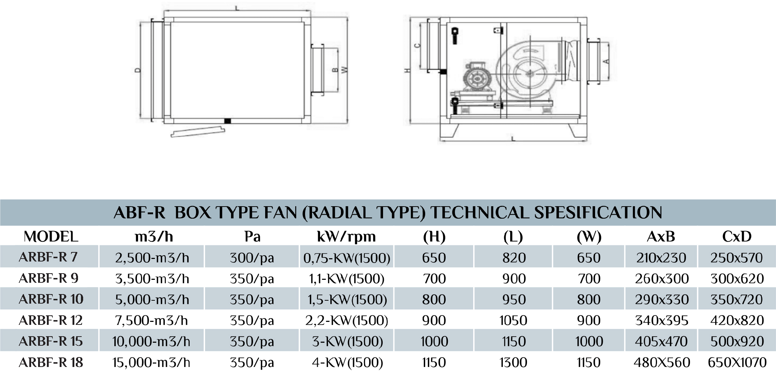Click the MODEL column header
[51, 237]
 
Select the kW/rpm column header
[346, 237]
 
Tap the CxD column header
[737, 237]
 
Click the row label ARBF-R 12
[51, 320]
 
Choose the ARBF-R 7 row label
[48, 257]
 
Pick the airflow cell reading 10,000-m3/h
[151, 341]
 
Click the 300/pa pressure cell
[252, 258]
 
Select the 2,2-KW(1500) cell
[346, 320]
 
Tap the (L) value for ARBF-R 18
[513, 363]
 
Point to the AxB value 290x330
[662, 300]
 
